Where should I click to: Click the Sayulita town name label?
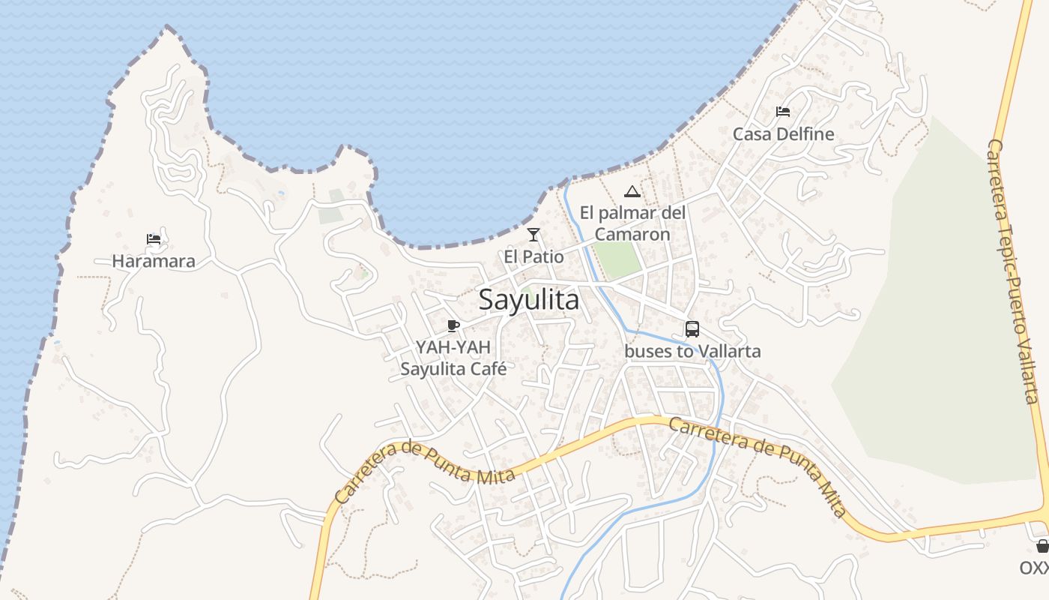[528, 300]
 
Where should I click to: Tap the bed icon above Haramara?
[154, 239]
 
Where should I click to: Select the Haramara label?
[154, 261]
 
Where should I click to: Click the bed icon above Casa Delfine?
[783, 112]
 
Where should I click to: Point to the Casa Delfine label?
[783, 134]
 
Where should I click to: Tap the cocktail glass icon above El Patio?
[533, 235]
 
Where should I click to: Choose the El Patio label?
[533, 256]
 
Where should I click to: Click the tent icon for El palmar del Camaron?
[632, 191]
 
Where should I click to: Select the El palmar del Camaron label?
[632, 223]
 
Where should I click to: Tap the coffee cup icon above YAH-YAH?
[453, 325]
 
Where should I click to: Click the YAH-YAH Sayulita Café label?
[453, 358]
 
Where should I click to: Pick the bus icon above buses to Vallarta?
[692, 328]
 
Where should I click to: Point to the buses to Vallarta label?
[692, 351]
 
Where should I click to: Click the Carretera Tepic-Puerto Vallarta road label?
[1012, 270]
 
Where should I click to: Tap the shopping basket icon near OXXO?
[1042, 545]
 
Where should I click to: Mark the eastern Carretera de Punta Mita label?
[757, 465]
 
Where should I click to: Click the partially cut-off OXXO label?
[1035, 567]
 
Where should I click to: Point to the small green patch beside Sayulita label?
[525, 291]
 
